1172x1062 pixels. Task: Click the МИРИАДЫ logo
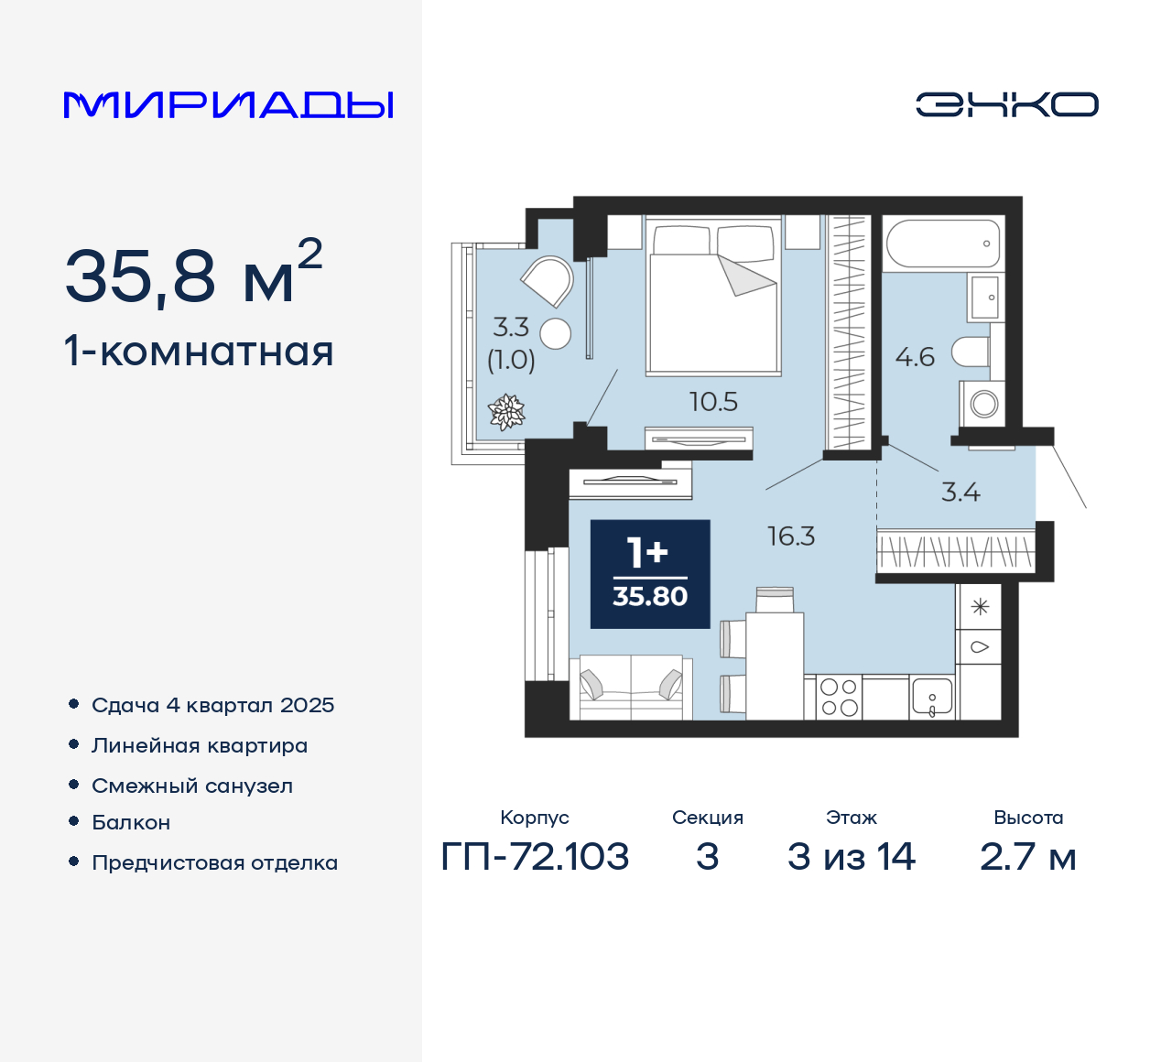click(228, 104)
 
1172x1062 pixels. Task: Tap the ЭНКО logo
click(1006, 104)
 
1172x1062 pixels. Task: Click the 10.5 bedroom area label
click(713, 402)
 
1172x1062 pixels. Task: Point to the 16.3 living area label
click(791, 536)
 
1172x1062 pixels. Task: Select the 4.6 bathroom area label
click(915, 357)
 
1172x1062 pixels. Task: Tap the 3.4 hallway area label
click(960, 493)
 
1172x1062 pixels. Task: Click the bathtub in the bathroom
click(943, 244)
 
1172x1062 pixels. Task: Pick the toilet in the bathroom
click(971, 352)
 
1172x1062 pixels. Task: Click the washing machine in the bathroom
click(983, 404)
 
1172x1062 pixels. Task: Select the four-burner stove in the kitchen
click(839, 697)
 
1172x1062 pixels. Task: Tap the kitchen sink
click(932, 698)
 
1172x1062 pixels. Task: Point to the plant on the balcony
click(506, 411)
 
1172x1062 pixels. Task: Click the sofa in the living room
click(631, 688)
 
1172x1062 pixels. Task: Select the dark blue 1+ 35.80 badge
click(650, 574)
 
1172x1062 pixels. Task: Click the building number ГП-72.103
click(535, 857)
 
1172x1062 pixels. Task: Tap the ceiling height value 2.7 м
click(1027, 857)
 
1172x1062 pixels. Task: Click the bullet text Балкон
click(131, 822)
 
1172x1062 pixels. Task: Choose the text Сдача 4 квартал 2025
click(212, 705)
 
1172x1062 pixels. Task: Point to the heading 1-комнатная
click(199, 352)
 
